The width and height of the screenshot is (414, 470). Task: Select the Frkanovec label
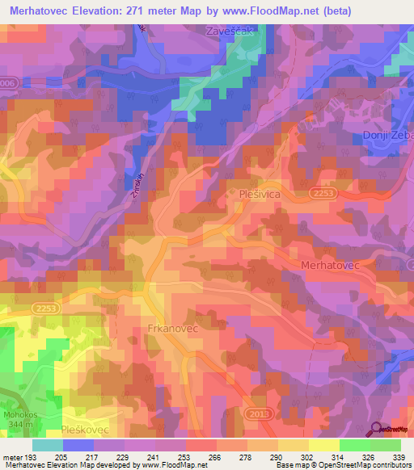[x=172, y=330]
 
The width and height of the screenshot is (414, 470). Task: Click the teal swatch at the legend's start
[x=47, y=445]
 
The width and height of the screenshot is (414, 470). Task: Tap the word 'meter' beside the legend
[x=12, y=459]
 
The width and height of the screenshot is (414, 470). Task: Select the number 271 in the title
[x=143, y=10]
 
